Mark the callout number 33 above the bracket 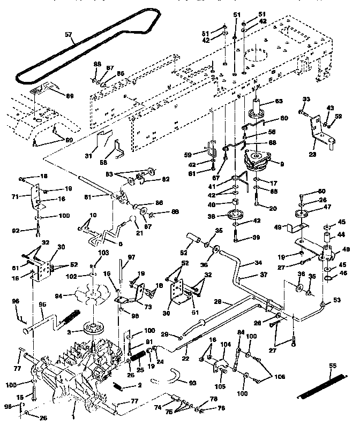tap(306, 100)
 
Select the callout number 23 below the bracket tap(313, 153)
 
